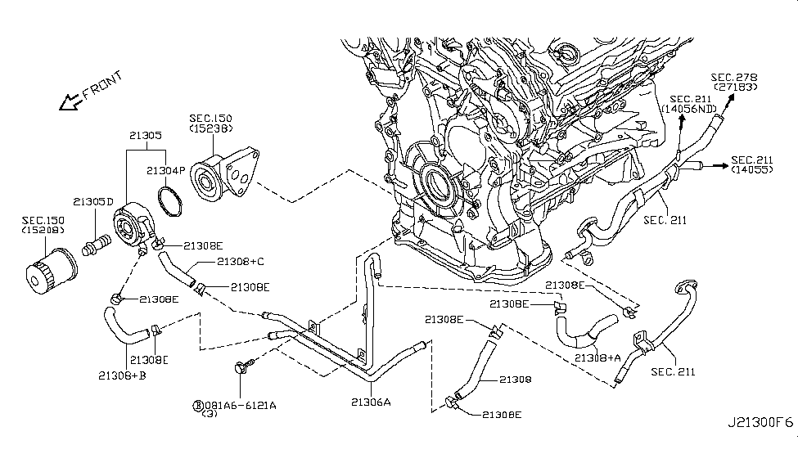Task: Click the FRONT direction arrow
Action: point(70,101)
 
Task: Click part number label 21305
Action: point(146,135)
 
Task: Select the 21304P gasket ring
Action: point(170,201)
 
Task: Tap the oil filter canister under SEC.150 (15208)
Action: point(52,272)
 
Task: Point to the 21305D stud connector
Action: point(97,245)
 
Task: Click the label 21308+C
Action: point(241,262)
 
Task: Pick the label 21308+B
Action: point(122,375)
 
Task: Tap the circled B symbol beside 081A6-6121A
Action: point(198,406)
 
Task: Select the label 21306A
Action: point(371,402)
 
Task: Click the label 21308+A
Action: point(598,357)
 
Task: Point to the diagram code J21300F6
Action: point(760,422)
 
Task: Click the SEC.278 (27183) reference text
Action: point(734,82)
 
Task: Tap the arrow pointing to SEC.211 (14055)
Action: point(719,166)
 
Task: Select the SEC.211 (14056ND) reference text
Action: point(689,104)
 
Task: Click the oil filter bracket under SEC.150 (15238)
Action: point(224,173)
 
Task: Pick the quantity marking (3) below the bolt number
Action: point(210,414)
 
